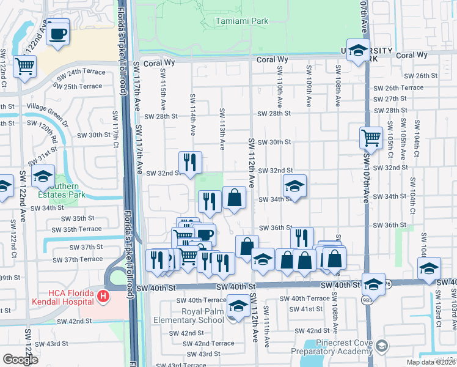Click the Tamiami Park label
coord(242,21)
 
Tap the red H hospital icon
coord(103,297)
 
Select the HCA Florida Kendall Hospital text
coord(46,297)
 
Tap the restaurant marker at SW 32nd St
coord(191,162)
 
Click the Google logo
coord(20,360)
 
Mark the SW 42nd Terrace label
coord(209,344)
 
